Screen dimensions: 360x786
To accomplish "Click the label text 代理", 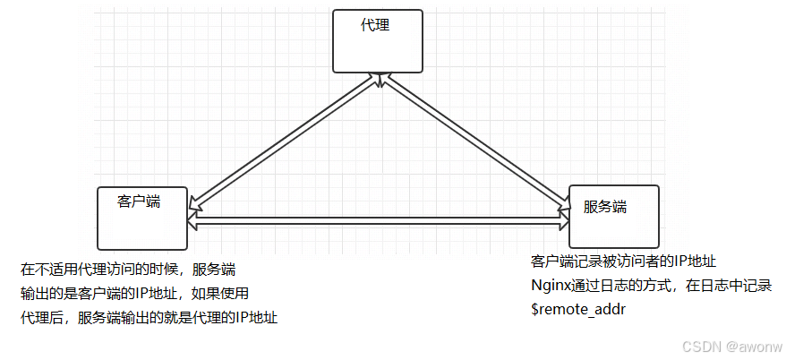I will click(x=375, y=25).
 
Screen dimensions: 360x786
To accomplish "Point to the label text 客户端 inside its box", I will click(x=139, y=201).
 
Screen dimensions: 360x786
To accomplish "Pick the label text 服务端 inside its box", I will click(x=605, y=206).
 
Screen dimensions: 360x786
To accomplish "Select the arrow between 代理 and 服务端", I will click(x=474, y=143).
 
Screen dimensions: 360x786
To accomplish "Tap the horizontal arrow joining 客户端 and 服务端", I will click(x=378, y=219).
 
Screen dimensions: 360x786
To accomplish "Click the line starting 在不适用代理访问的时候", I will click(x=128, y=269).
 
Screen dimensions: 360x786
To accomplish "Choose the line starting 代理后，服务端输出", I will click(x=149, y=317).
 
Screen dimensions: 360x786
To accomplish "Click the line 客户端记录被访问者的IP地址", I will click(x=624, y=261).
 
